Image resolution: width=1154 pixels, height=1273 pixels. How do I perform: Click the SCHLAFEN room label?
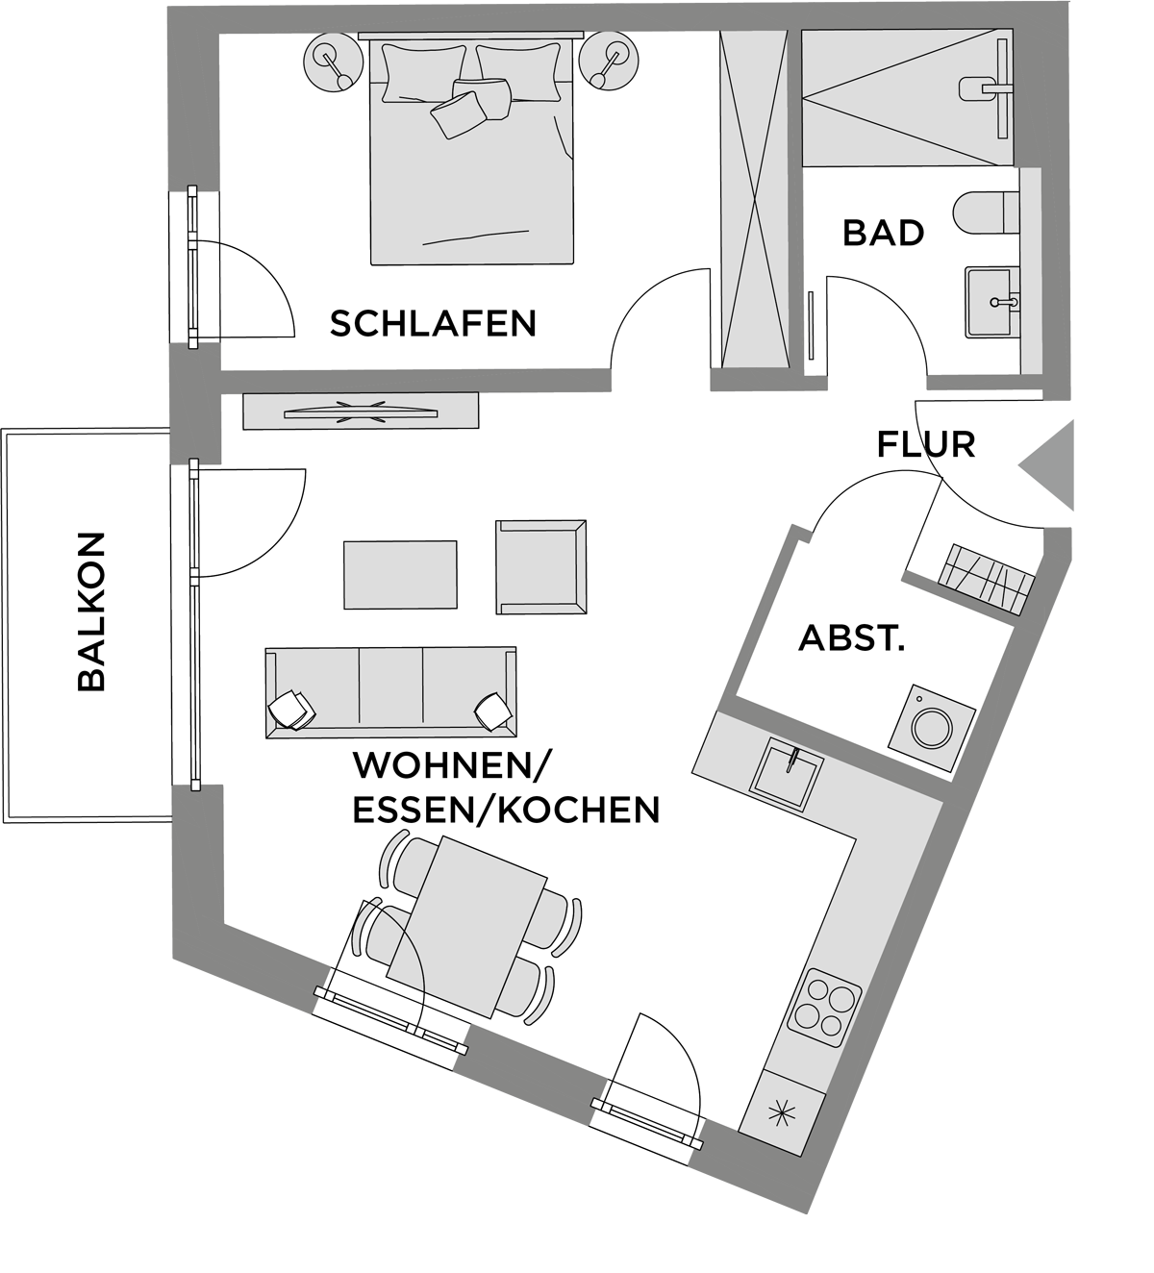point(433,323)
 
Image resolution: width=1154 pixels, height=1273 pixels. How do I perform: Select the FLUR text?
point(926,444)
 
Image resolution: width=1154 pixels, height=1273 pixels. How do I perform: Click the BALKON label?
point(91,612)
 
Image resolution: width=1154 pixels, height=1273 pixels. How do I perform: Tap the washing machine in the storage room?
point(932,727)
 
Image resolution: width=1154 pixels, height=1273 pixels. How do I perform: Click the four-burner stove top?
point(824,1017)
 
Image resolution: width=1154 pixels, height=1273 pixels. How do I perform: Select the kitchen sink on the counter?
point(787,774)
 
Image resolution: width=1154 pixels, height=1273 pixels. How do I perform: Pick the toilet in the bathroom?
point(987,213)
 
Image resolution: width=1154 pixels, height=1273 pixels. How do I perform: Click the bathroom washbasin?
point(992,302)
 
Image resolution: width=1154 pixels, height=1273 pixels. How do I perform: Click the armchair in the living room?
point(540,567)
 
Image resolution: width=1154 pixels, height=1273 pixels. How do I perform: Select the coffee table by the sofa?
point(400,575)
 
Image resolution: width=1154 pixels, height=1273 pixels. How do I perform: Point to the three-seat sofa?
point(390,693)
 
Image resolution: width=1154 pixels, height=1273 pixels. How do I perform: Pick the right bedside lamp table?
point(609,62)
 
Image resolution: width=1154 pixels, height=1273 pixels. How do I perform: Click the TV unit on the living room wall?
point(361,411)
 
